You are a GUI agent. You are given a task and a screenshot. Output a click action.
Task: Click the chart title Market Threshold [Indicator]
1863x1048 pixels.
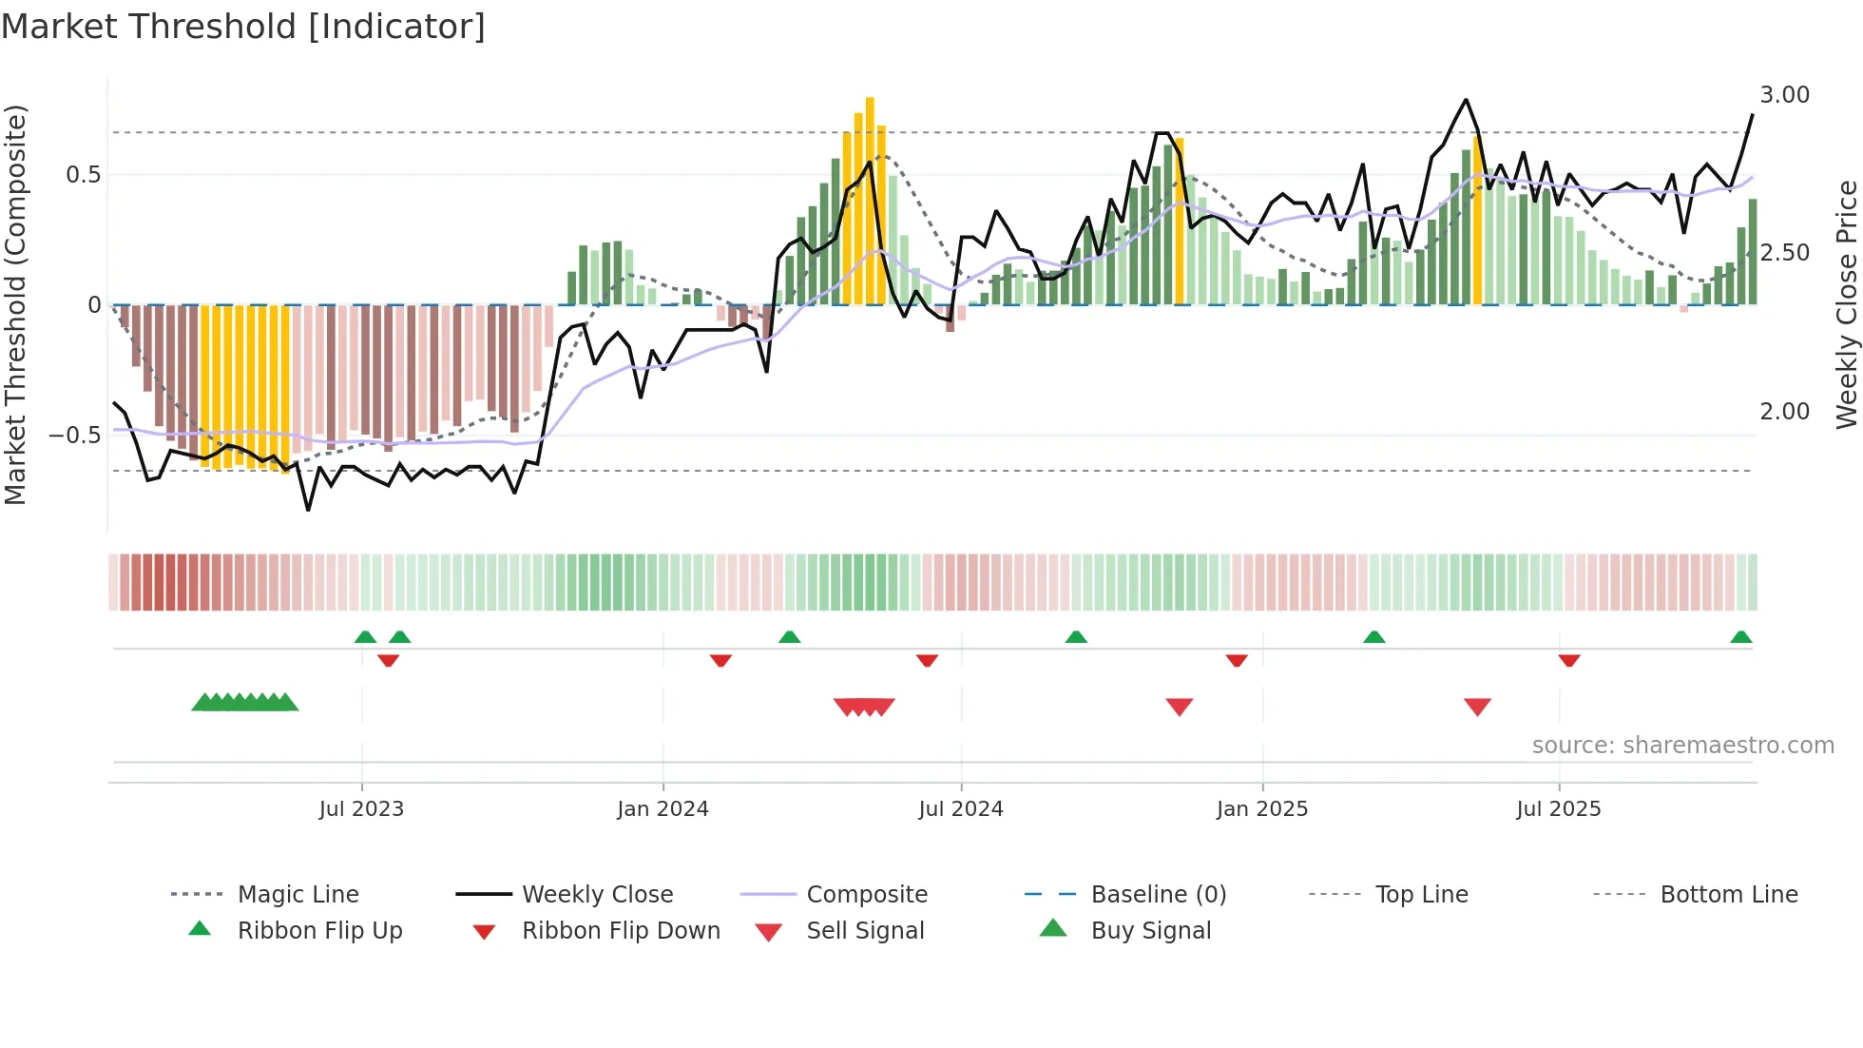coord(243,27)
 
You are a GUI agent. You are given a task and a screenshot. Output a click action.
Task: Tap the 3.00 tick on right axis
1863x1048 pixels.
coord(1784,95)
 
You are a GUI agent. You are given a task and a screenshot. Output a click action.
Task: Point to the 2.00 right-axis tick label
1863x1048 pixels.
coord(1784,412)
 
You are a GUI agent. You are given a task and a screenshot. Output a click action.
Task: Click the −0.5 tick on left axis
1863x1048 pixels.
coord(75,436)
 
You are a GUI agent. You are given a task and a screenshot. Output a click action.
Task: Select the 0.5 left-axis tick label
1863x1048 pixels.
coord(83,175)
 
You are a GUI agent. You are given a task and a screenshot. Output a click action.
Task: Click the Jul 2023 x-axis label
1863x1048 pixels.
coord(361,809)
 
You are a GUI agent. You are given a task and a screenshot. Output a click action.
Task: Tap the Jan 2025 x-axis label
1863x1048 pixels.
coord(1261,809)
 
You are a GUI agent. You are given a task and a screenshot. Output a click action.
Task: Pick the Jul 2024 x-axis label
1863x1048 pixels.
coord(960,809)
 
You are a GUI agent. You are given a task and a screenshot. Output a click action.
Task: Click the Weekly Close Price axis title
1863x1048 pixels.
coord(1846,304)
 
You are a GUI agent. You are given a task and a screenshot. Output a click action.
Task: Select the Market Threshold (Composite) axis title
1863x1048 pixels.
coord(15,304)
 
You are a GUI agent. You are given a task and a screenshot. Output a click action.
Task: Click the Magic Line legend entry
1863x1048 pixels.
coord(298,895)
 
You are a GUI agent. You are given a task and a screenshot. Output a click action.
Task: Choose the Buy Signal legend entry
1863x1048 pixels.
coord(1150,931)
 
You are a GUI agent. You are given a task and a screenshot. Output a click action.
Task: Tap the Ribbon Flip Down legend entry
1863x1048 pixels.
coord(621,931)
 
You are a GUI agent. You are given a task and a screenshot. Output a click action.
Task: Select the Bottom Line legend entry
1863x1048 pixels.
coord(1728,895)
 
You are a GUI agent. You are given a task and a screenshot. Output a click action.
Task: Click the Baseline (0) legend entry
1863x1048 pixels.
coord(1158,895)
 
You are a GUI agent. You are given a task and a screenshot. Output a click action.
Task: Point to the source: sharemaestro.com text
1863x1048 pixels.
coord(1682,746)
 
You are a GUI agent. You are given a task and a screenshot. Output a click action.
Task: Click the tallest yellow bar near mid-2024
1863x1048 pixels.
coord(870,200)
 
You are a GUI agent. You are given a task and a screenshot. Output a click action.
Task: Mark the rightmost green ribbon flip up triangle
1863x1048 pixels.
coord(1740,638)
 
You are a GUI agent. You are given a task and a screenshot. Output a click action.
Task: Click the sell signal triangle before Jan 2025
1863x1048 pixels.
coord(1179,707)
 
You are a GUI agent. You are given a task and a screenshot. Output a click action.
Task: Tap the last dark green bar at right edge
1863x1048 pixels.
coord(1753,252)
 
